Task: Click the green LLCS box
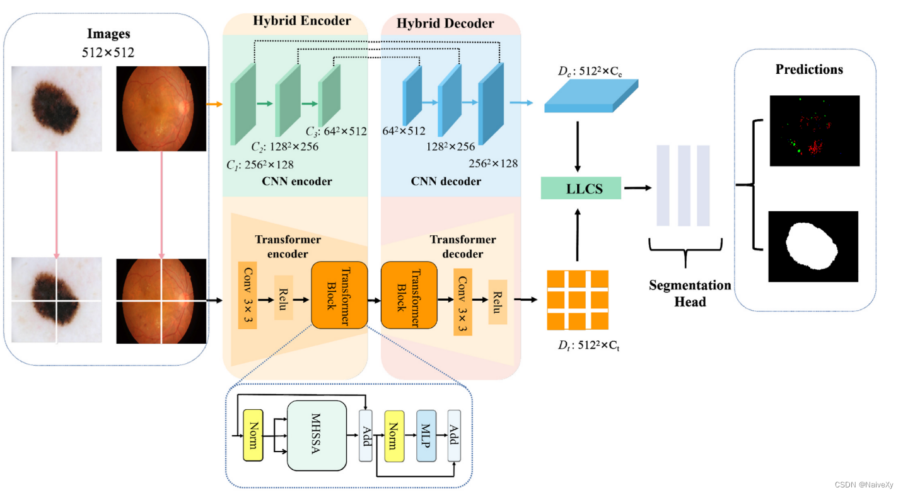(x=581, y=188)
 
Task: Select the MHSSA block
(x=317, y=435)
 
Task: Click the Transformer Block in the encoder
(x=339, y=295)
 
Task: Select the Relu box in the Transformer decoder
(x=498, y=301)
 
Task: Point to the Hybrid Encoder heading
(x=301, y=21)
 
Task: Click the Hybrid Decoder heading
(x=445, y=24)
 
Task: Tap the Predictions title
(x=809, y=69)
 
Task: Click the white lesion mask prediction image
(x=813, y=246)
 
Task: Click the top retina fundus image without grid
(x=161, y=108)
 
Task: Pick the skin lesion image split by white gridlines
(x=57, y=301)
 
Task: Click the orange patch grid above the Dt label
(x=578, y=300)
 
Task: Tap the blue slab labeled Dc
(x=591, y=96)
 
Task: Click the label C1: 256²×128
(x=259, y=165)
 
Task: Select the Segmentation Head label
(x=690, y=293)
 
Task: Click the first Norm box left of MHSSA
(x=253, y=435)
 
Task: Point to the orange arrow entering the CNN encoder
(x=215, y=104)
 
